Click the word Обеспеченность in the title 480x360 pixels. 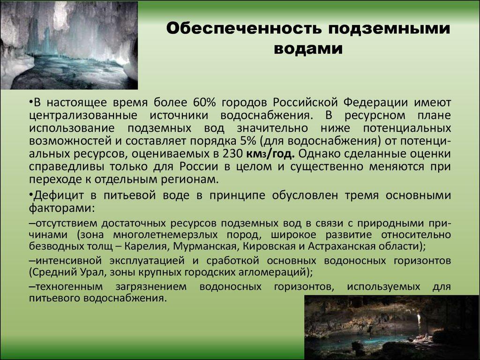coord(244,29)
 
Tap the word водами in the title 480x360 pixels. coord(308,49)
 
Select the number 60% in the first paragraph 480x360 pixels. coord(204,102)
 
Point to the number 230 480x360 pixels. coord(232,154)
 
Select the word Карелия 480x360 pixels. coord(146,247)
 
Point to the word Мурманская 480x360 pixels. coord(204,247)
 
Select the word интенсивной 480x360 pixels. coord(68,261)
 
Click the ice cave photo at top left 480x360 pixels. coord(69,45)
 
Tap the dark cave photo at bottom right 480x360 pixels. coord(391,327)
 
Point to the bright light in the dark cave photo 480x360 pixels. coord(419,320)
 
